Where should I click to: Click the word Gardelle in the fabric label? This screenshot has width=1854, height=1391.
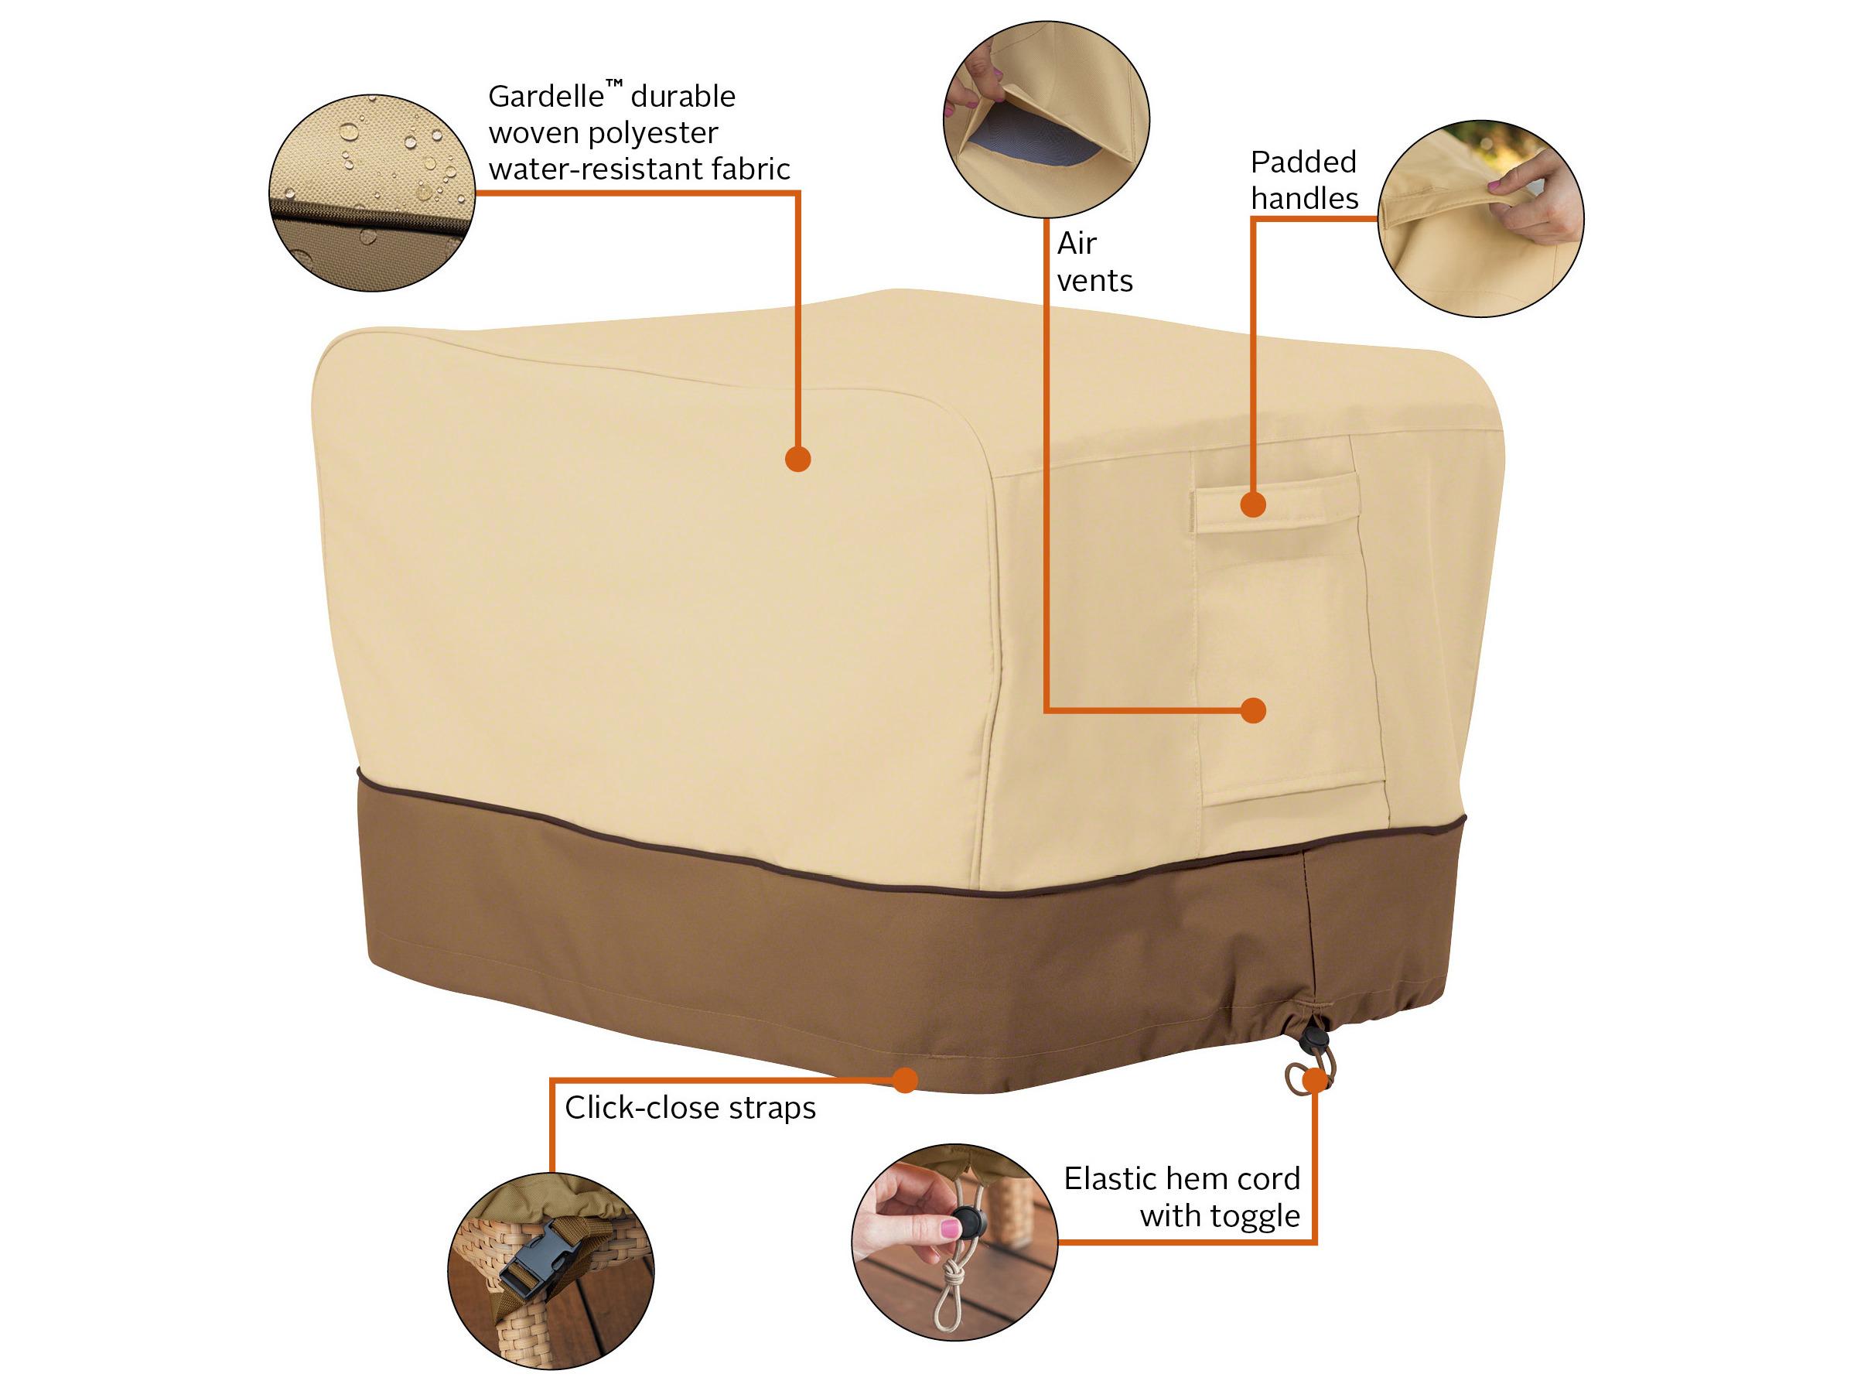[x=545, y=97]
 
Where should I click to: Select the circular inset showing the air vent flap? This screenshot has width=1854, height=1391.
[x=1046, y=120]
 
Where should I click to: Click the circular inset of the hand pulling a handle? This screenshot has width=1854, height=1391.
[x=1480, y=218]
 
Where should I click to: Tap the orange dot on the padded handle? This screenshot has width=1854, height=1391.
[x=1253, y=504]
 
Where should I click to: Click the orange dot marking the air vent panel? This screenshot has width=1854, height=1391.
[x=1253, y=710]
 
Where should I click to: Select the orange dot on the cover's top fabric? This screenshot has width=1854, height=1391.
[x=798, y=459]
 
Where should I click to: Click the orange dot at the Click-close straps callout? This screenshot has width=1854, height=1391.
[x=903, y=1080]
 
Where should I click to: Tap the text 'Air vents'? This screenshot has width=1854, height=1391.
[x=1094, y=261]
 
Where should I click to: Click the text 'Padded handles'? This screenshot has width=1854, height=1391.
[x=1304, y=180]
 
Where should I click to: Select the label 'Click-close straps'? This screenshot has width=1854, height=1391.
[x=690, y=1108]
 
